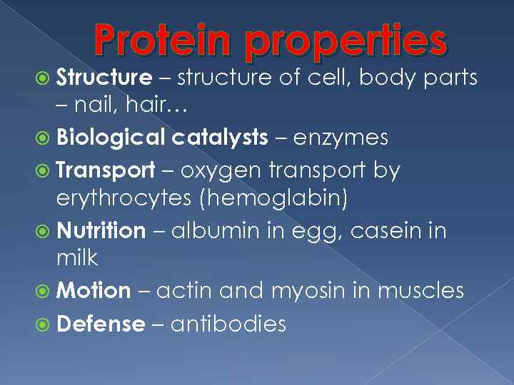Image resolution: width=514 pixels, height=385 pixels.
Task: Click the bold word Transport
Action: [x=105, y=170]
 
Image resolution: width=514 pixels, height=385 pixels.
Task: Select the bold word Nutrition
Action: [x=101, y=231]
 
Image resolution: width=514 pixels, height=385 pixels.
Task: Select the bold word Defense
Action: [x=100, y=324]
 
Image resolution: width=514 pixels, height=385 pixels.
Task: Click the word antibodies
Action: [x=228, y=324]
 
